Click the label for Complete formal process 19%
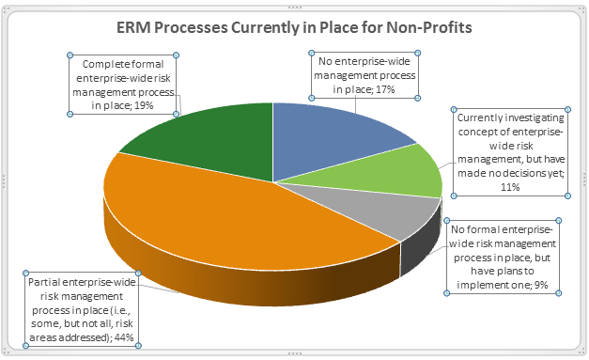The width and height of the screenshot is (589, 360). [125, 85]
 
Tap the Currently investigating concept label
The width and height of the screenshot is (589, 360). [509, 151]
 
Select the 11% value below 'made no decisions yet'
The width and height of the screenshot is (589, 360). [510, 188]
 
